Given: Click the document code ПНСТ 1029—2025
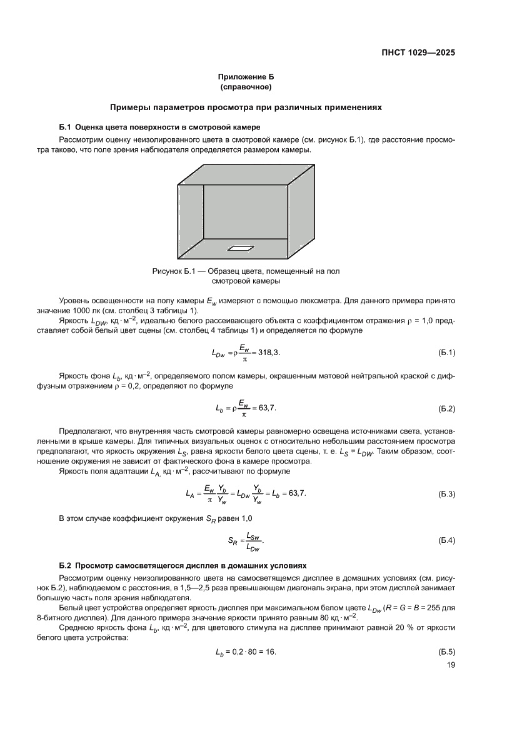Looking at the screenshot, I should [x=418, y=53].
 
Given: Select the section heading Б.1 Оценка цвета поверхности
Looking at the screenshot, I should [x=164, y=127].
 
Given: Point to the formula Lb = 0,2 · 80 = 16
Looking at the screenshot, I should [x=245, y=652].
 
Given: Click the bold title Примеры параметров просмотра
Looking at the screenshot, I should [x=245, y=107].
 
